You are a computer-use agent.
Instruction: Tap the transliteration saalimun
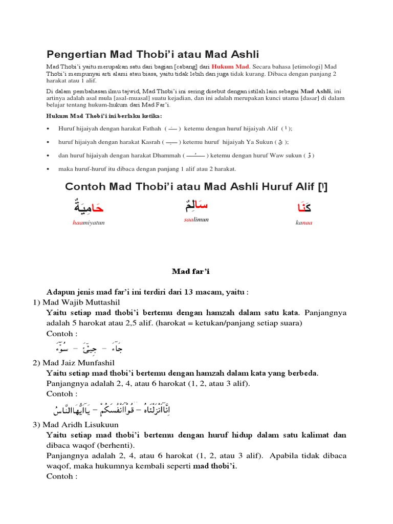pos(196,219)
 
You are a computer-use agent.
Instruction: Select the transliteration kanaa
pos(303,223)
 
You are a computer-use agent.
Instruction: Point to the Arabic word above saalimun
pos(196,205)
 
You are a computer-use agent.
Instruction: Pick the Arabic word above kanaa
pos(304,208)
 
